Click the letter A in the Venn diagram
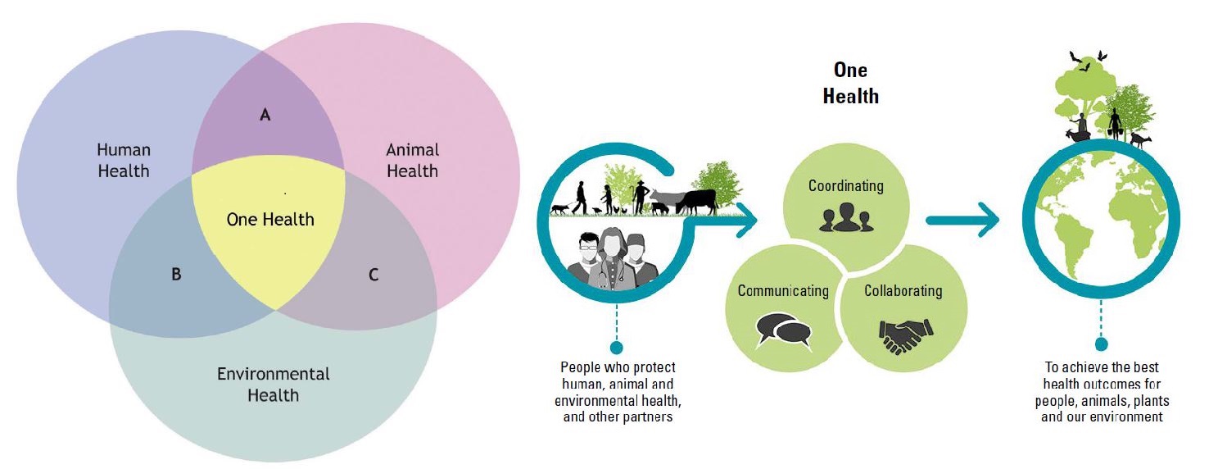(x=265, y=115)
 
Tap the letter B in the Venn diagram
(x=176, y=275)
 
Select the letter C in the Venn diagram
(x=373, y=275)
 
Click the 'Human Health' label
(x=124, y=161)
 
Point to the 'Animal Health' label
(x=413, y=161)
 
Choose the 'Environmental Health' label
(x=273, y=385)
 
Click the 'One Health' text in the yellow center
(x=269, y=220)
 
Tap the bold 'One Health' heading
(x=850, y=83)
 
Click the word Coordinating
(x=846, y=186)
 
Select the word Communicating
(x=783, y=291)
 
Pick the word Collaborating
(x=903, y=291)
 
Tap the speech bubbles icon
(x=784, y=330)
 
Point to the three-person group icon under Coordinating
(x=846, y=218)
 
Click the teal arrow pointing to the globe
(x=962, y=220)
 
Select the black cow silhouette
(x=697, y=202)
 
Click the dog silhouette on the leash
(x=559, y=208)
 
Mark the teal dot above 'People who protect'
(x=616, y=347)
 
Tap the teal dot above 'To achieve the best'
(x=1102, y=344)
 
